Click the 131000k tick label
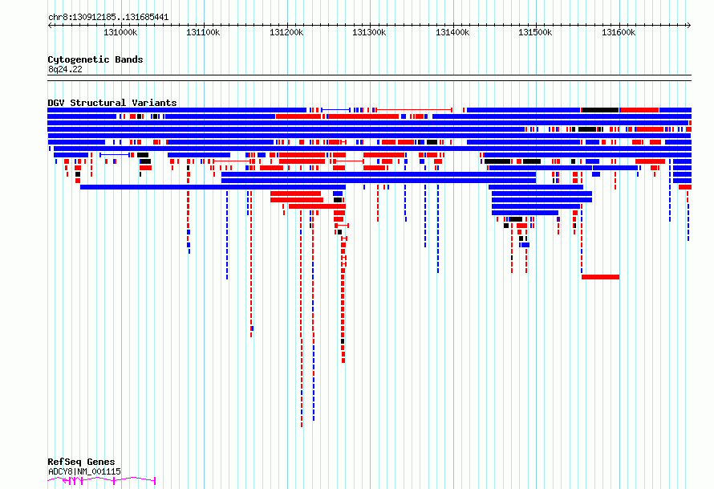120,32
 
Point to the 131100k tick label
203,32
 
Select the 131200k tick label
286,32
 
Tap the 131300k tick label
369,32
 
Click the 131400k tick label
452,32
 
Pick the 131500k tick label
536,32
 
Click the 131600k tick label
619,32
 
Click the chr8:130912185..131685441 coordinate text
108,18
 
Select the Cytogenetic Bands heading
95,59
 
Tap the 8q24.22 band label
65,69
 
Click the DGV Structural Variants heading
112,103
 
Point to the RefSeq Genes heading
81,462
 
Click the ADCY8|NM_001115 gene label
85,471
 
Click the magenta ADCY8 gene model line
102,480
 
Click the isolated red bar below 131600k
600,277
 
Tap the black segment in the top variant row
600,110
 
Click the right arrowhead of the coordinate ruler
689,25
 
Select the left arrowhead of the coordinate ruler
50,25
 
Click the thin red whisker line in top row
414,110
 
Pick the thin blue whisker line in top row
335,110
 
